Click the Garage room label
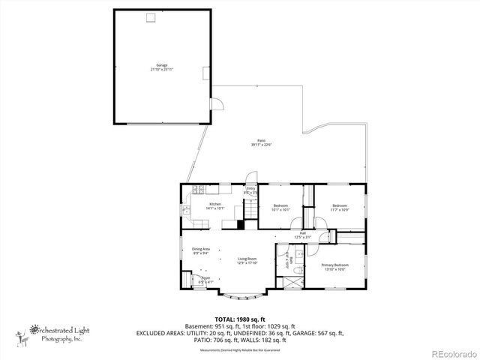coord(162,67)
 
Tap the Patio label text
coord(262,142)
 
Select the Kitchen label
coord(214,206)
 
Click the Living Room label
coord(247,260)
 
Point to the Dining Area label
coord(201,251)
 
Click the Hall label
coord(303,234)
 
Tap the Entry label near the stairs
coord(250,190)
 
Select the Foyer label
coord(205,279)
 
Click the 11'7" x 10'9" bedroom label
coord(340,207)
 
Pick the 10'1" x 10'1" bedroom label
coord(281,207)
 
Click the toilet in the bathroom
coord(298,270)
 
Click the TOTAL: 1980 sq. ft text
coord(240,319)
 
